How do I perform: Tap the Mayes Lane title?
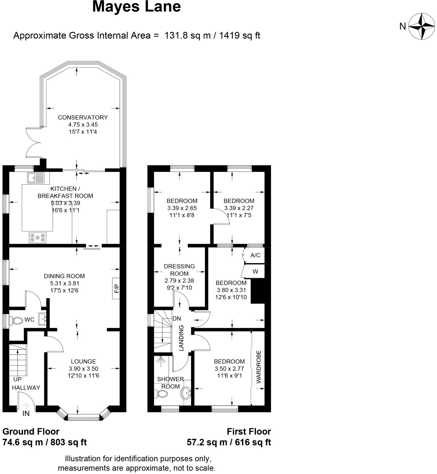[x=136, y=7]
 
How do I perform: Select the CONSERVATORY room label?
[x=83, y=117]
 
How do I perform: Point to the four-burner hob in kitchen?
[x=37, y=237]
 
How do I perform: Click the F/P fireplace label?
[x=116, y=288]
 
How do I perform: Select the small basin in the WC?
[x=43, y=318]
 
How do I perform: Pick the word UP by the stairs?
[x=17, y=379]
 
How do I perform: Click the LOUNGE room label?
[x=83, y=361]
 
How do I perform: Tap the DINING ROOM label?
[x=64, y=276]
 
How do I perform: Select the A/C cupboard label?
[x=255, y=255]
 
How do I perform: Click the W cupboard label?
[x=255, y=272]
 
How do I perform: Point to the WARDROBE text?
[x=259, y=367]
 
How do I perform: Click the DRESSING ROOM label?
[x=179, y=270]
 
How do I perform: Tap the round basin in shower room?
[x=186, y=393]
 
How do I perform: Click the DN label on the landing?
[x=177, y=319]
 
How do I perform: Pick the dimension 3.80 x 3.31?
[x=231, y=290]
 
